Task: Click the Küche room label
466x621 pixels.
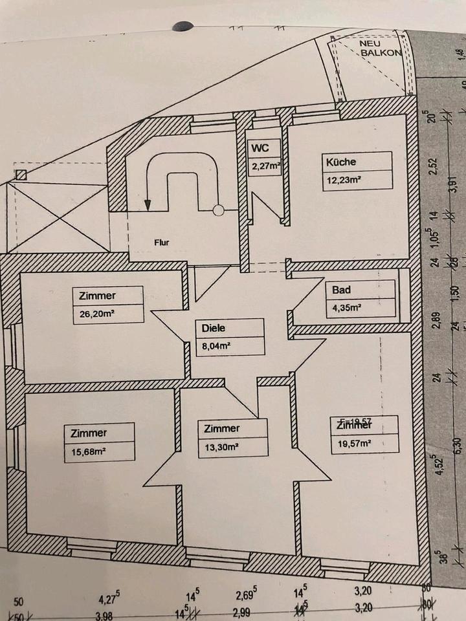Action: pos(341,162)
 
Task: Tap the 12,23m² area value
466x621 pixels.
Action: pos(343,180)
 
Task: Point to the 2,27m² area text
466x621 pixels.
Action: pos(266,166)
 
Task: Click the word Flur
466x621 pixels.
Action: pos(161,244)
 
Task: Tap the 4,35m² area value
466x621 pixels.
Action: pos(346,308)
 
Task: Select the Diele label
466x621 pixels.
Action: pos(213,328)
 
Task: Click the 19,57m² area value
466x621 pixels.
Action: pos(353,444)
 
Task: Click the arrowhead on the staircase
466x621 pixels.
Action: pos(148,205)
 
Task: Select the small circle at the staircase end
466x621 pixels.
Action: pos(219,210)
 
